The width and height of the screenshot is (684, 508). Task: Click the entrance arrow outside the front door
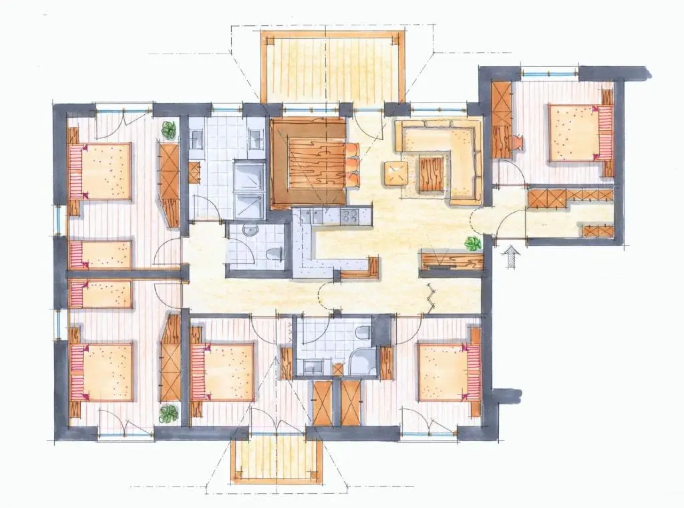click(511, 258)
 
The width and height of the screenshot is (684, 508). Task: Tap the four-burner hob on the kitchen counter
click(350, 216)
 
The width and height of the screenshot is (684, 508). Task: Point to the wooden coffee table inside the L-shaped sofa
click(432, 175)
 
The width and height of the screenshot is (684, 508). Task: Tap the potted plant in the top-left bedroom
click(169, 129)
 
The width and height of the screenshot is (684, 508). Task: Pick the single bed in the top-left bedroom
click(101, 254)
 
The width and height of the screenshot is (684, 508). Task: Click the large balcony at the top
click(331, 66)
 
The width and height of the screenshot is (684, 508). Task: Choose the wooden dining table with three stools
click(310, 162)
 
